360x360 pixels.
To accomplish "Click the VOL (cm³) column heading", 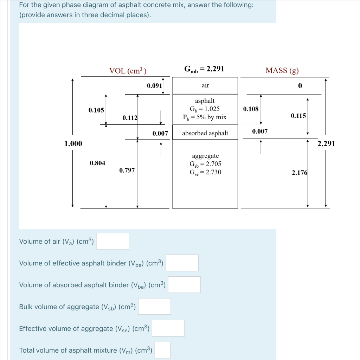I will click(x=128, y=71).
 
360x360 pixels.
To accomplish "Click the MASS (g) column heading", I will click(x=282, y=70).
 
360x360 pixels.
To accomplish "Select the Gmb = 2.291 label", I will click(x=204, y=69).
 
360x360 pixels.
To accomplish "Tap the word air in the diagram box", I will click(x=205, y=85).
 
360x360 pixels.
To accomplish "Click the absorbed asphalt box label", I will click(x=205, y=133).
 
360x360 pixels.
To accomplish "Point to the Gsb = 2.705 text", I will click(x=205, y=164).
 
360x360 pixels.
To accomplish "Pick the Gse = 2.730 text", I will click(x=205, y=172).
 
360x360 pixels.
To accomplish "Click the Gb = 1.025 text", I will click(x=205, y=109).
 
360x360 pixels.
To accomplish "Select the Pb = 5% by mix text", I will click(x=205, y=117).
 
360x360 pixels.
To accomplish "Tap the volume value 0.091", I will click(x=154, y=85).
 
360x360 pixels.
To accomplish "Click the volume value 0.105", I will click(x=96, y=110).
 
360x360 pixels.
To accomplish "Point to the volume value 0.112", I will click(x=130, y=117).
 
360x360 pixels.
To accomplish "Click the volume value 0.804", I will click(x=97, y=163).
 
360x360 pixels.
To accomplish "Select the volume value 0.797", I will click(x=127, y=171).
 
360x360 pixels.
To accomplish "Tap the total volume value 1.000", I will click(x=73, y=143).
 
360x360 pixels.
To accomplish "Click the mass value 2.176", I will click(x=300, y=173).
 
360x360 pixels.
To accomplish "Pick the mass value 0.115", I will click(x=298, y=116).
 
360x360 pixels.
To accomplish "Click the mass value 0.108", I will click(x=251, y=109).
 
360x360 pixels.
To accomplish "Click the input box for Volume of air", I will click(x=112, y=241).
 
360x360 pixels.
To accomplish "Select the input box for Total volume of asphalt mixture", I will click(x=162, y=350).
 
